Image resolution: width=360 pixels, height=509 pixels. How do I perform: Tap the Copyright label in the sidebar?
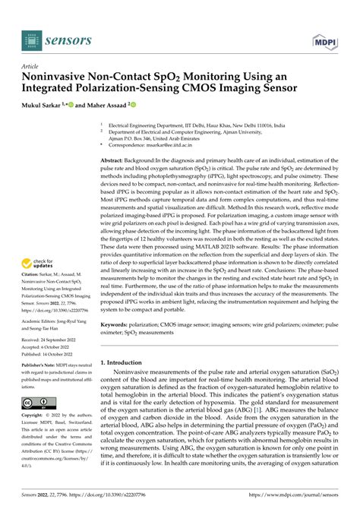35,438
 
